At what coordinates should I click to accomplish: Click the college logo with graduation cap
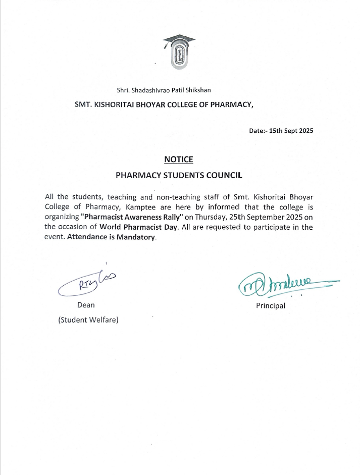click(x=179, y=51)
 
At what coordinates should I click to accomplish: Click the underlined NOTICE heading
click(x=179, y=160)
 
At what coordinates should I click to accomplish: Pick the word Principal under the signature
click(x=271, y=306)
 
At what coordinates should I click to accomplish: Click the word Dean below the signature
click(x=86, y=305)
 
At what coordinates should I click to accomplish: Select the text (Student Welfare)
click(x=88, y=320)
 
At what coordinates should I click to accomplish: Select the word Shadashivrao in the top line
click(x=151, y=90)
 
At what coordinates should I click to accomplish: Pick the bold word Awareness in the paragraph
click(x=138, y=217)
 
